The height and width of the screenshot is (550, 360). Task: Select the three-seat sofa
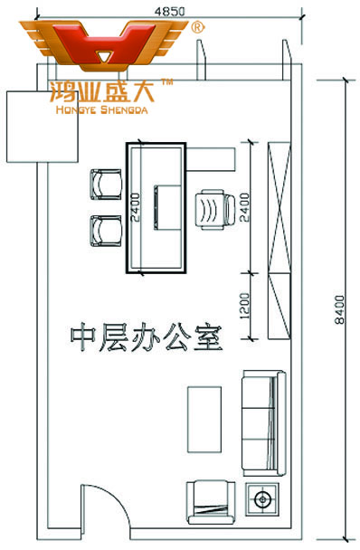pos(263,421)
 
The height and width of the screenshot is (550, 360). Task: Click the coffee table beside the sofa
pos(204,418)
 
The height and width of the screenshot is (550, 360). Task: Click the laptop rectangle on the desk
pos(167,206)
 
